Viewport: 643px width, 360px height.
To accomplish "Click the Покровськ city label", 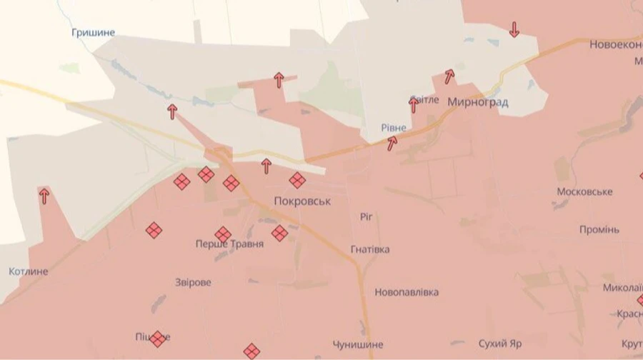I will pyautogui.click(x=302, y=201).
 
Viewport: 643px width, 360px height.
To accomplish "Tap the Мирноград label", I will pyautogui.click(x=478, y=102).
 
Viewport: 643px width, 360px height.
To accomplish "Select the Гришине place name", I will pyautogui.click(x=93, y=33).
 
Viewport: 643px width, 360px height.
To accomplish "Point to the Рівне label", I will pyautogui.click(x=393, y=128).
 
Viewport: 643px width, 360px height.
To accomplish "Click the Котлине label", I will pyautogui.click(x=29, y=271).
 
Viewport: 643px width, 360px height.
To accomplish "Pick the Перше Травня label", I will pyautogui.click(x=229, y=244).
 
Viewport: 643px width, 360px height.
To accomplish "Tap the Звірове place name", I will pyautogui.click(x=193, y=282).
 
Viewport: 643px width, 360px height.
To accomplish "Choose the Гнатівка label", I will pyautogui.click(x=370, y=249).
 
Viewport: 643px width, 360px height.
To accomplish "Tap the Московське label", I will pyautogui.click(x=585, y=192).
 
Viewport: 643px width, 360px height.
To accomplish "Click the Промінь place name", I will pyautogui.click(x=599, y=229).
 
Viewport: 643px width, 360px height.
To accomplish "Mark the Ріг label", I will pyautogui.click(x=366, y=216).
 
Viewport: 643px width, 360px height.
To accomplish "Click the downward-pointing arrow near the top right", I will pyautogui.click(x=514, y=30).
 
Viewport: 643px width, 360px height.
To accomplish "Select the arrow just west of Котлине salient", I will pyautogui.click(x=44, y=196).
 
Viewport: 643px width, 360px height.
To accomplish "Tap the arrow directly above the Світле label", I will pyautogui.click(x=413, y=105).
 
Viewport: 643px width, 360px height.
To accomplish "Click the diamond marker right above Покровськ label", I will pyautogui.click(x=297, y=180).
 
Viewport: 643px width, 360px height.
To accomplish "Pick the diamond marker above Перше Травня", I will pyautogui.click(x=223, y=234).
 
